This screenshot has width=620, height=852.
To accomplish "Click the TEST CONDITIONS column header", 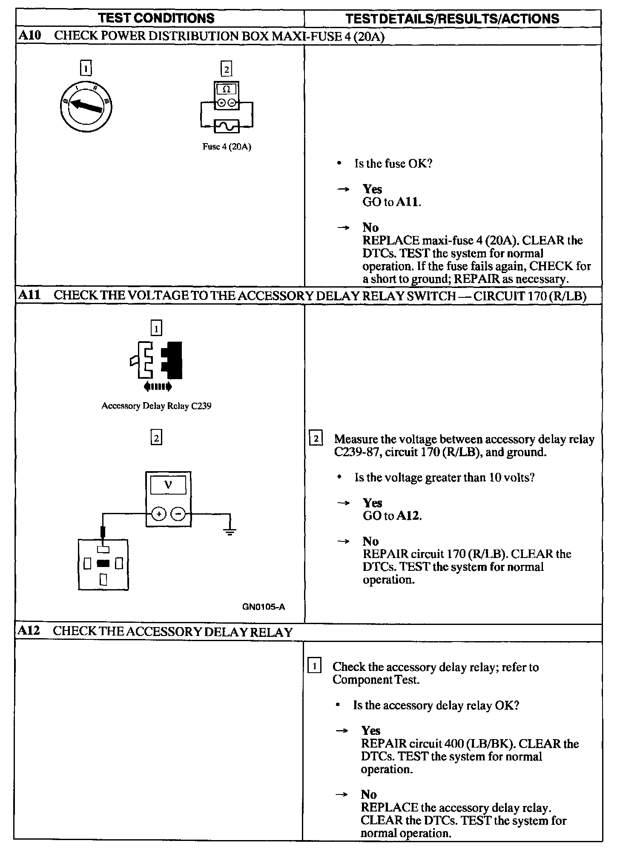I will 156,18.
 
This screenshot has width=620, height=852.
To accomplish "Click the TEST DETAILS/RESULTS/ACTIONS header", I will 452,19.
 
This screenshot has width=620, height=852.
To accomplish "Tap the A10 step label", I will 30,36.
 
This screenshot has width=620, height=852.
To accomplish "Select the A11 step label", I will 29,295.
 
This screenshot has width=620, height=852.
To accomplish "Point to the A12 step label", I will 29,631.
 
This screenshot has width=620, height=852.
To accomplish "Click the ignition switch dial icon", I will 86,106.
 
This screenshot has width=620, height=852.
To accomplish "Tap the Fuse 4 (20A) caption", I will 227,147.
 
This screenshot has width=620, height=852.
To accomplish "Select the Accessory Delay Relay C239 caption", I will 156,406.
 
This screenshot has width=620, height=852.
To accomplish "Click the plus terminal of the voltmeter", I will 159,514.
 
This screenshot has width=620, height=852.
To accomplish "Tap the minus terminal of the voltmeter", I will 178,514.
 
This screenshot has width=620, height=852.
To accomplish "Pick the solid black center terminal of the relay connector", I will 103,564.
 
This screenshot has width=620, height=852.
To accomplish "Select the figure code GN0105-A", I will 264,607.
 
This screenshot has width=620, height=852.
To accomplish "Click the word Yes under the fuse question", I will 372,189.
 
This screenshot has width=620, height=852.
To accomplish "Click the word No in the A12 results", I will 369,794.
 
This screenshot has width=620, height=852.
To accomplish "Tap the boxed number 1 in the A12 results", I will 314,666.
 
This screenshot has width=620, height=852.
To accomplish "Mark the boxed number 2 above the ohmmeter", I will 227,69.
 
